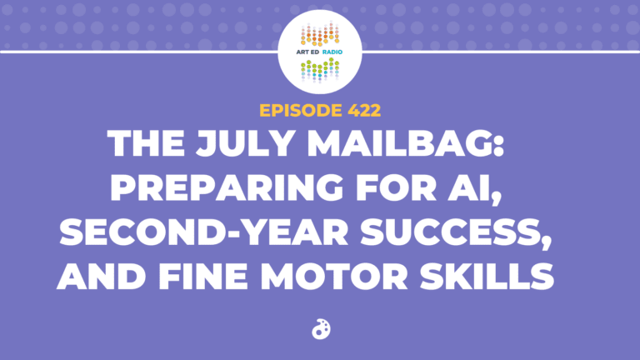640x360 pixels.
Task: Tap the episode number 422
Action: [x=364, y=110]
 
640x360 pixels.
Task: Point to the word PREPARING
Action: [x=227, y=187]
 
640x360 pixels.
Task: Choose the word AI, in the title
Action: [x=474, y=188]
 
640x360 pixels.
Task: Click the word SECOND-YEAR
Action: [x=203, y=232]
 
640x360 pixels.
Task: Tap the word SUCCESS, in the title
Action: [x=456, y=232]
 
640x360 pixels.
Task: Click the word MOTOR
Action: [x=334, y=277]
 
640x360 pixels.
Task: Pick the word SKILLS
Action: [x=487, y=277]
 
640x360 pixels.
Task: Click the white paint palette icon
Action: [x=321, y=329]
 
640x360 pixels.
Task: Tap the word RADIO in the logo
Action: [x=332, y=52]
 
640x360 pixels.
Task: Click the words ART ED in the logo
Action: [x=307, y=52]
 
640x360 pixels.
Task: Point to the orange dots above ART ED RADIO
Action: [x=320, y=35]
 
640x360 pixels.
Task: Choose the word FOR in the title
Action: [x=396, y=187]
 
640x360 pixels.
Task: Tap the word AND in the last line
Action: [x=102, y=277]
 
